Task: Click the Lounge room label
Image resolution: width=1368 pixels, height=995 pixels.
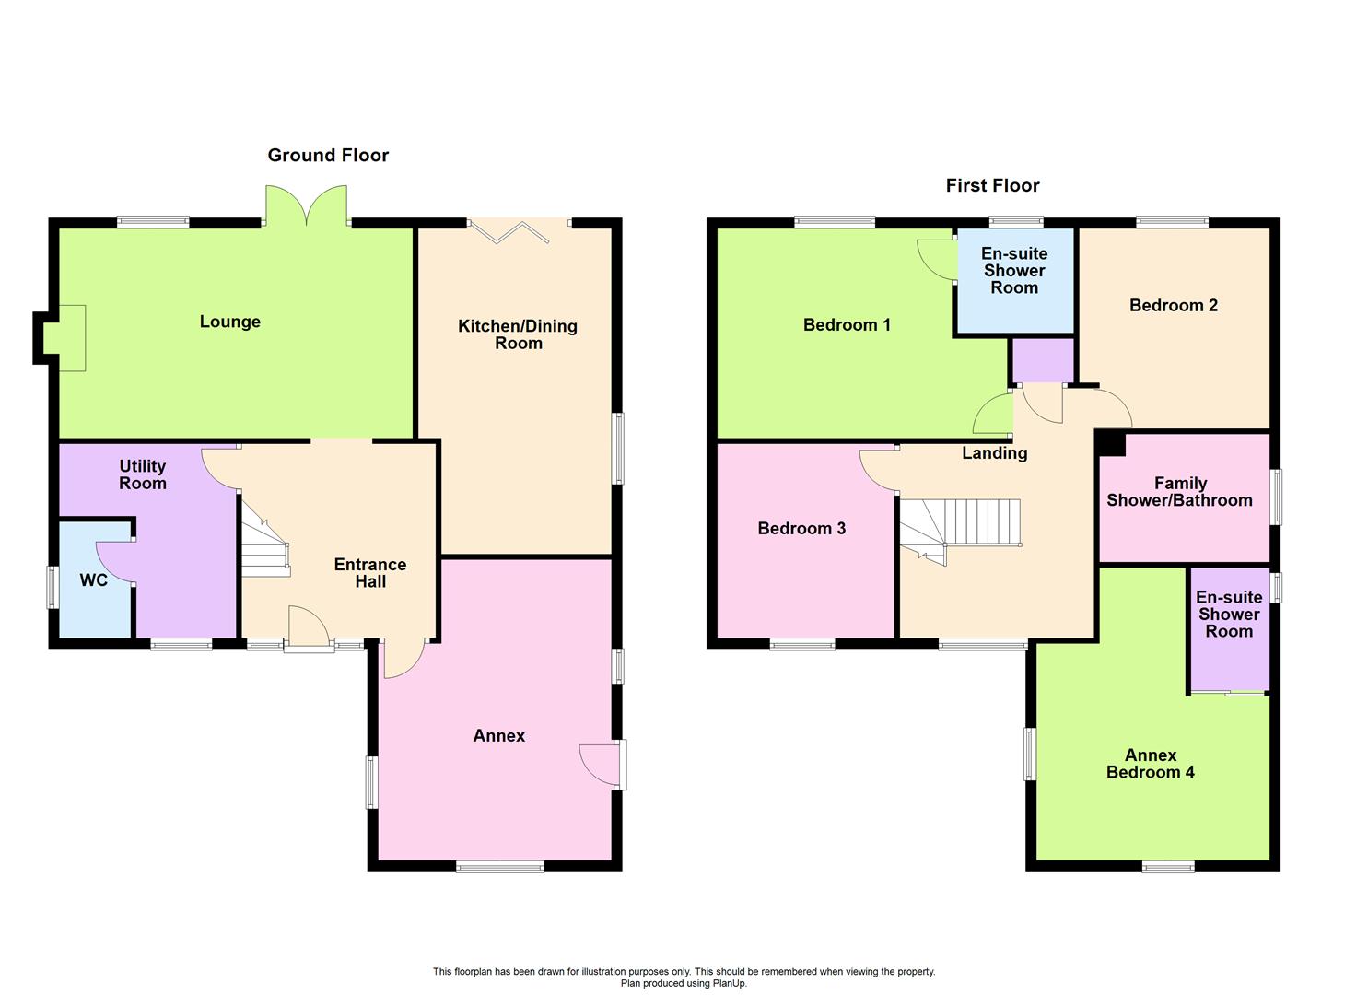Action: (229, 322)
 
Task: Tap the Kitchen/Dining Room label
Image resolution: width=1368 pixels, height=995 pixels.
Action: (518, 334)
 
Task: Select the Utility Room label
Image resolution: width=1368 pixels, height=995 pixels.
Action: (143, 474)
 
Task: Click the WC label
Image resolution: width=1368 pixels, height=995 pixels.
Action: (94, 580)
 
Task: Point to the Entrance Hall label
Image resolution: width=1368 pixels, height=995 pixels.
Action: (370, 573)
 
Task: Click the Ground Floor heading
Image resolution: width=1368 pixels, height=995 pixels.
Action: (328, 156)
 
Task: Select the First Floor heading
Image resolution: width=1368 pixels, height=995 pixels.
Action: (992, 186)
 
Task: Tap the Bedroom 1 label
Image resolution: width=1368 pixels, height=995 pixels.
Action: (847, 325)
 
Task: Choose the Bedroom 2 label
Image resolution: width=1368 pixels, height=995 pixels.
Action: (1174, 306)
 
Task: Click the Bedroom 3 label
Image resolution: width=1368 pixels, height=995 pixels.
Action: (801, 529)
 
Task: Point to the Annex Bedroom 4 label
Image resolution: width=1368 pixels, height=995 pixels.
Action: (1150, 764)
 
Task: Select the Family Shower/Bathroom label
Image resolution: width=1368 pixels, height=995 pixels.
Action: (1179, 492)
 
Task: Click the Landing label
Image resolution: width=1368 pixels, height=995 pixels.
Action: (994, 453)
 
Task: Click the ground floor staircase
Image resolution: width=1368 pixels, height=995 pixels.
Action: (265, 549)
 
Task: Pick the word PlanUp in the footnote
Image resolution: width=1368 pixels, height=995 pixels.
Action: (727, 983)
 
